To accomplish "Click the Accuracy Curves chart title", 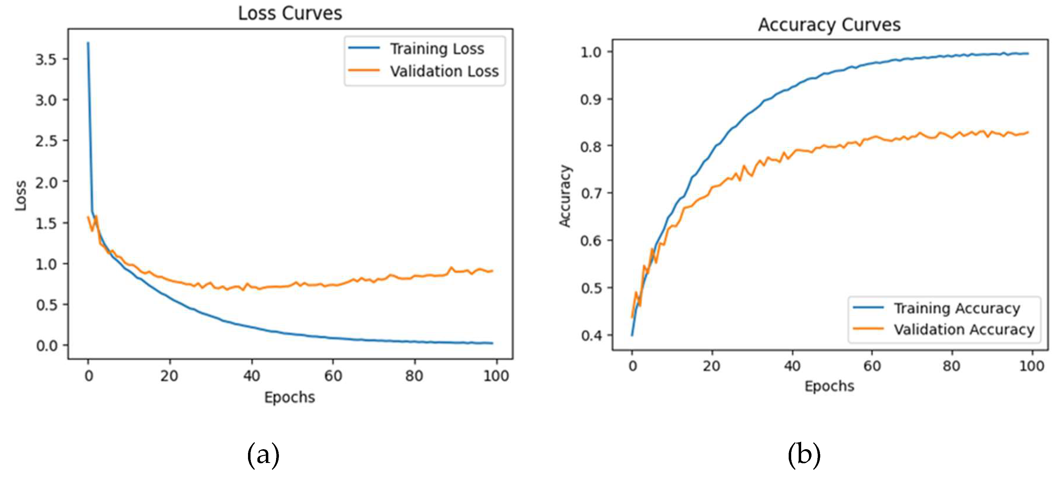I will (829, 25).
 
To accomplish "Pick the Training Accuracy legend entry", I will (956, 308).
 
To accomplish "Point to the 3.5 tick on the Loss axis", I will (46, 60).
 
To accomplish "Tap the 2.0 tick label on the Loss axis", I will (46, 182).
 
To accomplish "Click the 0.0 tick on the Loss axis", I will (46, 345).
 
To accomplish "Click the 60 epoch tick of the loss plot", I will (333, 375).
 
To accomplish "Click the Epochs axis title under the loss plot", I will (289, 397).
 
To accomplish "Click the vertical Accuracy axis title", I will (565, 196).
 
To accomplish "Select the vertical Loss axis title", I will (21, 196).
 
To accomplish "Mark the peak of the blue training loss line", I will (88, 43).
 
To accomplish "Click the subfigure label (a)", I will (263, 455).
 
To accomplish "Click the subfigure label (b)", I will (804, 455).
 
